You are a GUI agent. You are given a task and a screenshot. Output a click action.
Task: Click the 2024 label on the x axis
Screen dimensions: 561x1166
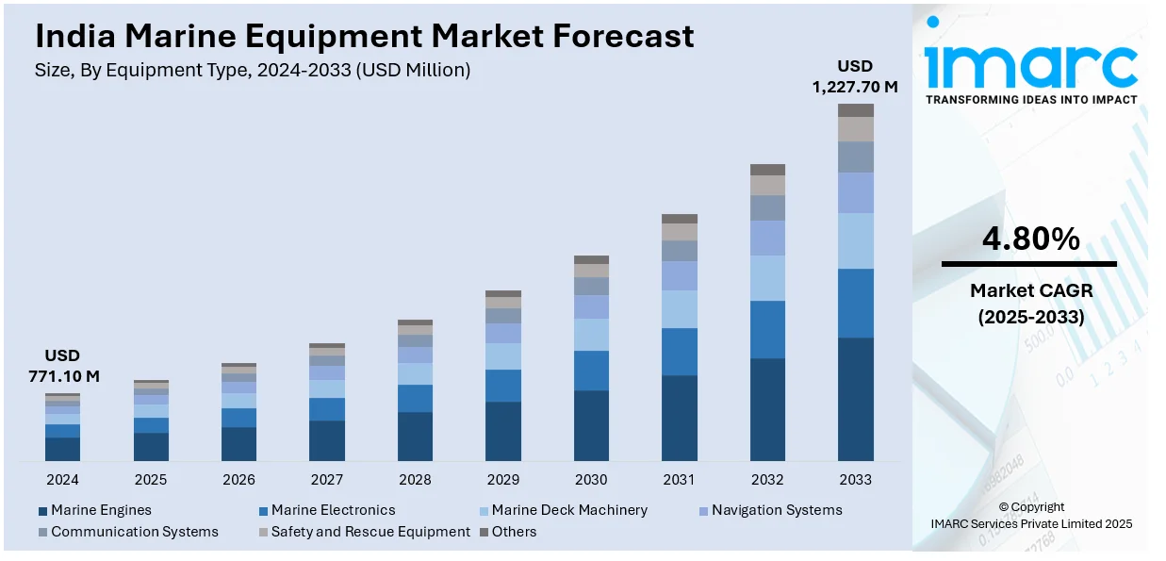(x=62, y=479)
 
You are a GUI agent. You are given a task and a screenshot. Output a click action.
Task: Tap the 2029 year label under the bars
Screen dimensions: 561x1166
(x=503, y=479)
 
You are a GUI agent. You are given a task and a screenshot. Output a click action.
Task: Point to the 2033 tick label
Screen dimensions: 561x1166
(x=856, y=479)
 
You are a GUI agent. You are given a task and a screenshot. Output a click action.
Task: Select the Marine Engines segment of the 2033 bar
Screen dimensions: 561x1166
(x=856, y=399)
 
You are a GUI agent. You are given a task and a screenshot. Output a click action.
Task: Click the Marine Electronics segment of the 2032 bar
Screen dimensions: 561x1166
(x=767, y=329)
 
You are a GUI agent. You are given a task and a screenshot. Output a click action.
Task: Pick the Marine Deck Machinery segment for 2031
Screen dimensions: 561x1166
(x=680, y=308)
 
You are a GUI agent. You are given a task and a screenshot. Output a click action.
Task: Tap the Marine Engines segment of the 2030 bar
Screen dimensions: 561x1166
(x=591, y=425)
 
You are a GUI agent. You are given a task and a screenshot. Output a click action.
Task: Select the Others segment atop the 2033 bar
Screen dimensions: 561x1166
(x=856, y=110)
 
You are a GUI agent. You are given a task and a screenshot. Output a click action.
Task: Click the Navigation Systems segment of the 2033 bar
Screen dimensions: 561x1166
(x=856, y=192)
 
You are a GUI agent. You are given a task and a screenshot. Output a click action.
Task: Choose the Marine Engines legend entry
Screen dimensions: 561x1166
(x=100, y=510)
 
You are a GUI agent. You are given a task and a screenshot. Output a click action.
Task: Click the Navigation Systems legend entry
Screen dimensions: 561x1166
(x=776, y=510)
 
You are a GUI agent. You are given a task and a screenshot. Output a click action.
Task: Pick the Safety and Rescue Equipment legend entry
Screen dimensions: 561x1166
(x=370, y=532)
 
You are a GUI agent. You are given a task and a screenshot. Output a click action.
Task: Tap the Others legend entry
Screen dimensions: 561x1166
(x=513, y=532)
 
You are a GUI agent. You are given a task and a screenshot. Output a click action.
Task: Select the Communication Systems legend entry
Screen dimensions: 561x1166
(x=134, y=532)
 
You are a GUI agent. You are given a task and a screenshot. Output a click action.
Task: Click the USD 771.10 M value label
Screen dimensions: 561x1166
(x=62, y=366)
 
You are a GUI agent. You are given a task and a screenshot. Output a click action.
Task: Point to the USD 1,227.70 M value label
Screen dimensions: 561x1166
(x=855, y=76)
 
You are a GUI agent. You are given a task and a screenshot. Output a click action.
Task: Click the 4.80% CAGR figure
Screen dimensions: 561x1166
(x=1030, y=239)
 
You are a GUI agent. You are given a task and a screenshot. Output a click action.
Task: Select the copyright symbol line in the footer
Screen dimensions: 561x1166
(x=1031, y=506)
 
